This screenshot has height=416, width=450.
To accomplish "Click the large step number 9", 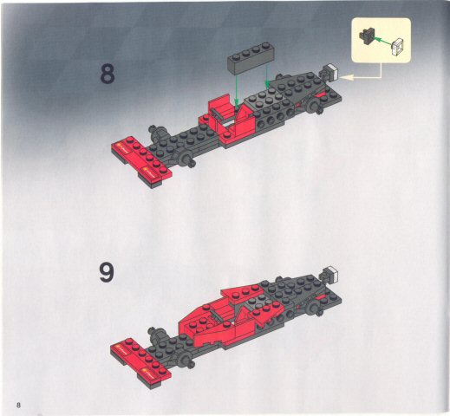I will pyautogui.click(x=107, y=272).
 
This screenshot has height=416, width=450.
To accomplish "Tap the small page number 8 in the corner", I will pyautogui.click(x=16, y=405).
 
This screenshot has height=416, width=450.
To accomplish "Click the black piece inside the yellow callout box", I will pyautogui.click(x=368, y=36).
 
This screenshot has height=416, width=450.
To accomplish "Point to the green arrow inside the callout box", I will pyautogui.click(x=385, y=39).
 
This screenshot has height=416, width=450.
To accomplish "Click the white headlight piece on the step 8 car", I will pyautogui.click(x=329, y=75).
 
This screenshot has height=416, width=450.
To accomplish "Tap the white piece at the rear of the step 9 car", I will pyautogui.click(x=329, y=276).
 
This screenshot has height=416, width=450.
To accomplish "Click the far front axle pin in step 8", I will pyautogui.click(x=157, y=133).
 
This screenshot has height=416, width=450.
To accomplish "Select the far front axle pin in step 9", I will pyautogui.click(x=157, y=332).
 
